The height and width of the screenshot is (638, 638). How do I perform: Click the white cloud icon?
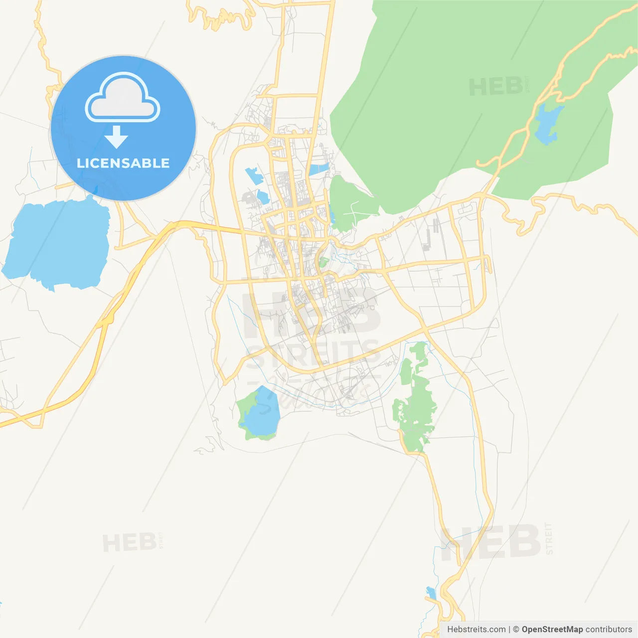(x=123, y=99)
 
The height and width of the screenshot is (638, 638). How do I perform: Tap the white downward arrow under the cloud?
(x=117, y=137)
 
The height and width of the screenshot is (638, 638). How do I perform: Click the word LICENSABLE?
(x=123, y=163)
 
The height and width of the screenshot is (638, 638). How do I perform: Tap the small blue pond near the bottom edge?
(x=431, y=593)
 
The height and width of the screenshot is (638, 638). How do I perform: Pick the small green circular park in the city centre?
(x=323, y=262)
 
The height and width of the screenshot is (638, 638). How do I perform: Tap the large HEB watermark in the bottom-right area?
(x=491, y=542)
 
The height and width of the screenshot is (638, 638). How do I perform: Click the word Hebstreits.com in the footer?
(x=477, y=630)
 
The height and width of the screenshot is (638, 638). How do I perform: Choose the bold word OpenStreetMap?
(x=552, y=630)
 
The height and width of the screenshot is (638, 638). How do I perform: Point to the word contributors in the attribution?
(x=609, y=630)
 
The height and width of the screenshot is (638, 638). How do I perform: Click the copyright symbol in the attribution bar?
(x=516, y=630)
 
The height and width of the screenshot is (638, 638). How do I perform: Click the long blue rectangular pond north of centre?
(x=319, y=169)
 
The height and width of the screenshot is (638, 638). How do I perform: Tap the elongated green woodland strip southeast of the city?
(x=415, y=399)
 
